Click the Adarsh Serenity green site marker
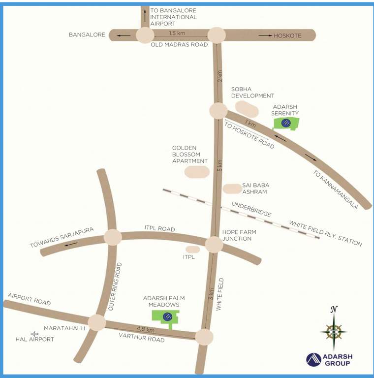click(286, 124)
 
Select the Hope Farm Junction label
click(237, 235)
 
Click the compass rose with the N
click(334, 330)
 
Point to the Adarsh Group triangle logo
click(313, 360)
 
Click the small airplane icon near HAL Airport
click(34, 334)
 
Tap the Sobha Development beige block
click(247, 107)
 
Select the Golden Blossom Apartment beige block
click(196, 172)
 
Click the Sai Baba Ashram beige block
click(232, 189)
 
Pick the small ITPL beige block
click(192, 250)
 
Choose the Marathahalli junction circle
click(97, 323)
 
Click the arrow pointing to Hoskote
click(266, 35)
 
